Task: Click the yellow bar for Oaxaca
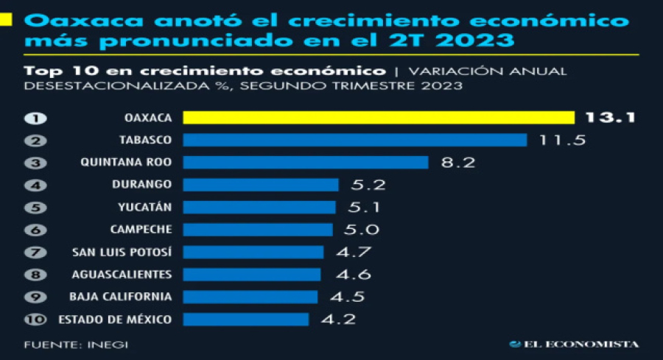click(378, 118)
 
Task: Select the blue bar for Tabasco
click(354, 140)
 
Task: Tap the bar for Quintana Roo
click(305, 162)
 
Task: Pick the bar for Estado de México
click(245, 319)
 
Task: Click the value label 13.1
click(609, 118)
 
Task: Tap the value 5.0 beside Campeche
click(361, 230)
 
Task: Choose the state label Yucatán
click(150, 207)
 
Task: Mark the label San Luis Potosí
click(122, 252)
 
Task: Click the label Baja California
click(121, 297)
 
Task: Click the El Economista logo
click(574, 344)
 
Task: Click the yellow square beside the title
click(7, 20)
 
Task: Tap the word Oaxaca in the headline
click(63, 20)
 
